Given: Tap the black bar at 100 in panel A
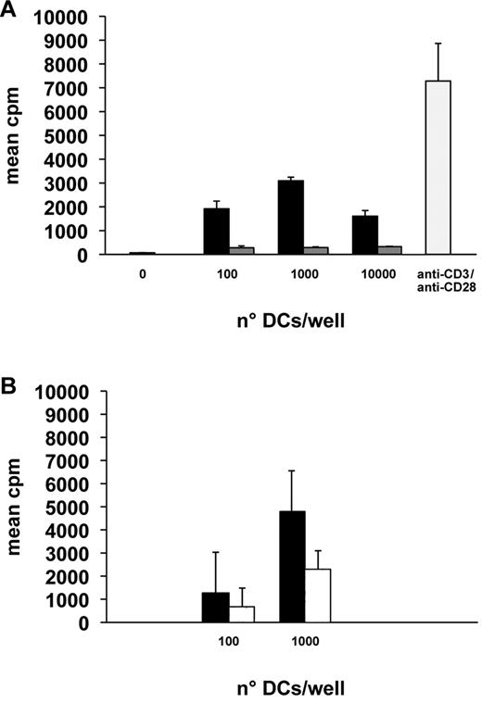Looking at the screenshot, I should click(x=216, y=231).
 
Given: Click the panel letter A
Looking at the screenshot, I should click(x=10, y=12).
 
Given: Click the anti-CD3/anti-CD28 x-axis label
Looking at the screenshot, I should click(x=438, y=280).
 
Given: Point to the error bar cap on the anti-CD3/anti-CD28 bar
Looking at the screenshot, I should click(x=438, y=44).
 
